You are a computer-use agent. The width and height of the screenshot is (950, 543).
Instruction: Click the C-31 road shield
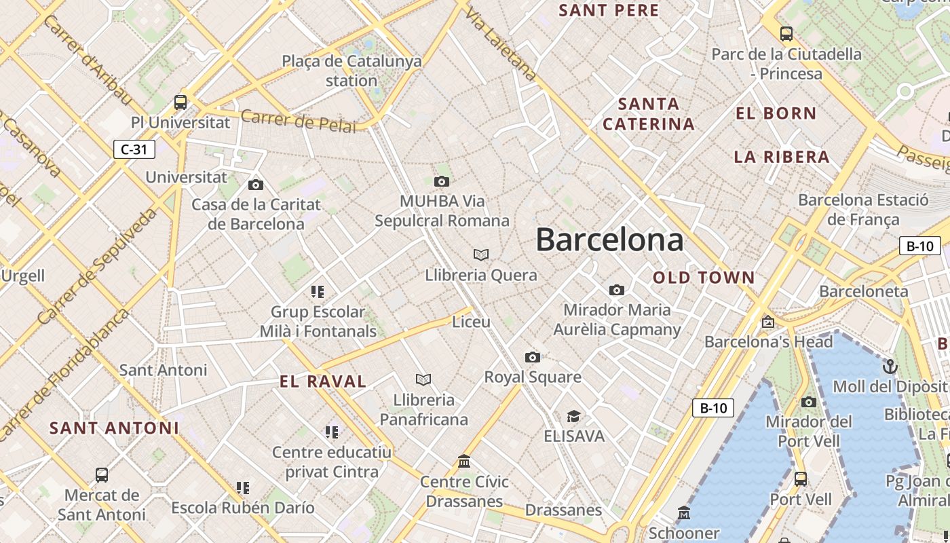134,149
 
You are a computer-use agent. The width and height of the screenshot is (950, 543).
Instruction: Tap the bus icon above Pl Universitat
180,102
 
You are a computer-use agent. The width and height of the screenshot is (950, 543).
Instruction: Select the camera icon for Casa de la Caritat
256,185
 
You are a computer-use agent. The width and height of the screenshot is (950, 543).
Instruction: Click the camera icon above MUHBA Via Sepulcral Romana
442,181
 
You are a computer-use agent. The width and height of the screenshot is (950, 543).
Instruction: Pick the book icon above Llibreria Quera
481,255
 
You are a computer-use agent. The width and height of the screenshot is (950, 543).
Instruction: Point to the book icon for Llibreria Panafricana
423,379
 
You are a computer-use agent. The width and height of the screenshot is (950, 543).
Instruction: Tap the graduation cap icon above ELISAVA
574,416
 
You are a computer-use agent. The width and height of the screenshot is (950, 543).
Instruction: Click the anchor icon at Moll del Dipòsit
890,367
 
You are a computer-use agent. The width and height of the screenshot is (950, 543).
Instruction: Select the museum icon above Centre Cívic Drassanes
464,462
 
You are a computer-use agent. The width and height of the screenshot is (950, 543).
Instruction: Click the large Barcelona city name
609,240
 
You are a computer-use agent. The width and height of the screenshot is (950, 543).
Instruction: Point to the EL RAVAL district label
323,381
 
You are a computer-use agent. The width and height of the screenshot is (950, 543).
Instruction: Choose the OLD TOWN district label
704,278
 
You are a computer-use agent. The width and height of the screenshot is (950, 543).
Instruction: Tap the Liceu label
471,322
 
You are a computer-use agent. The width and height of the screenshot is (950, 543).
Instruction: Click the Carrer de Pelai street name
298,121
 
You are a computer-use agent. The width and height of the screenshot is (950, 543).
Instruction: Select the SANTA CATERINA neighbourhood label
649,114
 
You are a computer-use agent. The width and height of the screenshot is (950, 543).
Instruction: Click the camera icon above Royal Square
533,357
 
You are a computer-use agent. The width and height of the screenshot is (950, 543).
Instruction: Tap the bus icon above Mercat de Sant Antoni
102,474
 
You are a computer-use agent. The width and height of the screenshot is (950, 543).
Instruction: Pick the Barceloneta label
863,291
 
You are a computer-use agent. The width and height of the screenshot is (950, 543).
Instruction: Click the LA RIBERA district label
782,157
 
